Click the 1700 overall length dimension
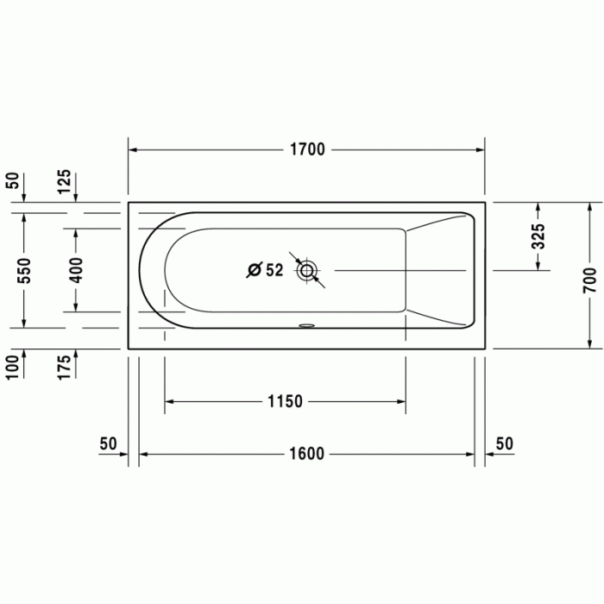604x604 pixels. [x=306, y=150]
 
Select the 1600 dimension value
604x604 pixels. [x=306, y=455]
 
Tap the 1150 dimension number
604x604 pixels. [x=285, y=401]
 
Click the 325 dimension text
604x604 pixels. [x=538, y=236]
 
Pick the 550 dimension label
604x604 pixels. [x=24, y=271]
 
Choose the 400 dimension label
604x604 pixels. [x=76, y=271]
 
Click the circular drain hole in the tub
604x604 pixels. [x=306, y=271]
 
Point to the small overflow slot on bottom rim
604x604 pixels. [x=306, y=326]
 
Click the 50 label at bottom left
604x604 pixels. [x=108, y=444]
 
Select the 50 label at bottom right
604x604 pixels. [x=505, y=444]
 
